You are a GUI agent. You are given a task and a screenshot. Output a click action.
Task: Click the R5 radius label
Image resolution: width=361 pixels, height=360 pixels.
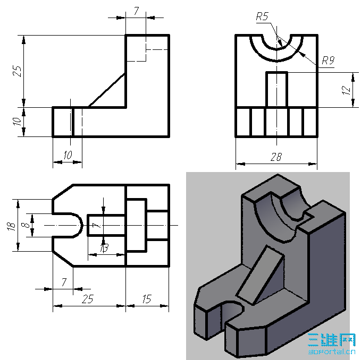(262, 16)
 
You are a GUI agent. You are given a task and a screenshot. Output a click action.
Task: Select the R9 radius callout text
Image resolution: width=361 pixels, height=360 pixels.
(328, 61)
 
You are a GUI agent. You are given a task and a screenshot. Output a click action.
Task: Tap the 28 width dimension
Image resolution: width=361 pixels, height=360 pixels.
(276, 157)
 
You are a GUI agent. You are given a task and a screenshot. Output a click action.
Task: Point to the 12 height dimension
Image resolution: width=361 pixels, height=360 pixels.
(347, 90)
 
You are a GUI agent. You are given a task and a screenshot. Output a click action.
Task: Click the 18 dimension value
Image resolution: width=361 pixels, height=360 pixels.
(12, 226)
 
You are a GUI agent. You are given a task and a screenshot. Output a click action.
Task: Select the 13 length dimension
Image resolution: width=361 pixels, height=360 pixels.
(104, 248)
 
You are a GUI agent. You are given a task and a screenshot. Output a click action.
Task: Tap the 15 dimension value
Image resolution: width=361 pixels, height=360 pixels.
(147, 299)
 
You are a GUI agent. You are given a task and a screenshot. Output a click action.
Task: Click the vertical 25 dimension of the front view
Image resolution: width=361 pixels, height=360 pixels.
(17, 71)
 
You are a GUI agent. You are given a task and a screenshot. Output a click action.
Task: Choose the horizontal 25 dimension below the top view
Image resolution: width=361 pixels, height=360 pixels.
(88, 299)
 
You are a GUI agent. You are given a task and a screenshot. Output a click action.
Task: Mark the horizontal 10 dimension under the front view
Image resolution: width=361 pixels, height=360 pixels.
(68, 155)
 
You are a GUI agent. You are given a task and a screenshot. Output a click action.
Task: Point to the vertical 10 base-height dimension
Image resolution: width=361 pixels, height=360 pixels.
(16, 121)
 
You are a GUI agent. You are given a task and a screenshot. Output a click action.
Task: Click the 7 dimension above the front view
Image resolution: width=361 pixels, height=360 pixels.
(136, 11)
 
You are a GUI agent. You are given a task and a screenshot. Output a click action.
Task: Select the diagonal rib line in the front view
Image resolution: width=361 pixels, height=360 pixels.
(107, 90)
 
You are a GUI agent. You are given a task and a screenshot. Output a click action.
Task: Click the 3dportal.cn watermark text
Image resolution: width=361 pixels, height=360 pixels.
(332, 352)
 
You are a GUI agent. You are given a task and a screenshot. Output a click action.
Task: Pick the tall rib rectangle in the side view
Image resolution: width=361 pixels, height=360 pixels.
(277, 90)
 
